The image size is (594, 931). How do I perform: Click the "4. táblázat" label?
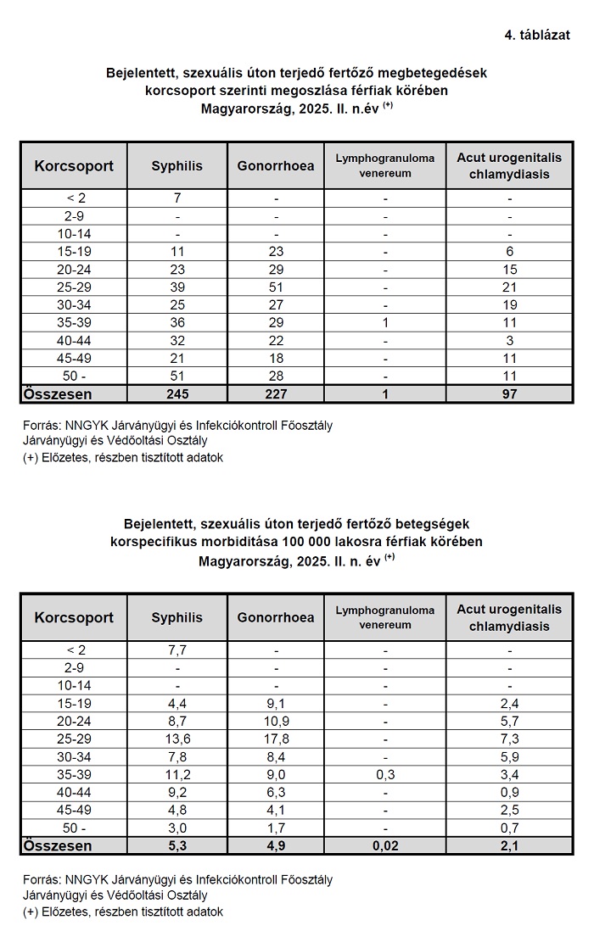pos(536,35)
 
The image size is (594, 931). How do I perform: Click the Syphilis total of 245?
pos(177,394)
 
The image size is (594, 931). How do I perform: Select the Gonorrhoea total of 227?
pos(276,394)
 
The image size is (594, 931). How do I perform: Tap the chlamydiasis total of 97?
pos(509,394)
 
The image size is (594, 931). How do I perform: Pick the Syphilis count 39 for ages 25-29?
pos(177,287)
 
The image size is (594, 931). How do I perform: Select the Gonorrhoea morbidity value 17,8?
pos(276,739)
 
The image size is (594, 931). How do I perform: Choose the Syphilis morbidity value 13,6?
pos(177,739)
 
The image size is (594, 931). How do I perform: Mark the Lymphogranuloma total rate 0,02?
pos(384,845)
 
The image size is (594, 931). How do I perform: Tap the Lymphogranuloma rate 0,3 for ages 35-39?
pos(384,774)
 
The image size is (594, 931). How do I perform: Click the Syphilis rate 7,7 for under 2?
pos(177,650)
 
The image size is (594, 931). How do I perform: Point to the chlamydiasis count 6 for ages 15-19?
pos(509,252)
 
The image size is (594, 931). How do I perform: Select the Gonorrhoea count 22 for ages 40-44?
pos(276,341)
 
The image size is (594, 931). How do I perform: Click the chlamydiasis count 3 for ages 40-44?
pos(509,341)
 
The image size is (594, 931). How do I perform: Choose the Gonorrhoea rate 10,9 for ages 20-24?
pos(276,721)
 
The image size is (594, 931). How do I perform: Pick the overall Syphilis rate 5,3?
pos(177,845)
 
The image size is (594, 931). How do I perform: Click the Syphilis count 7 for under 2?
pos(177,198)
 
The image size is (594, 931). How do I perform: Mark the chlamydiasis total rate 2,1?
pos(509,845)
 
